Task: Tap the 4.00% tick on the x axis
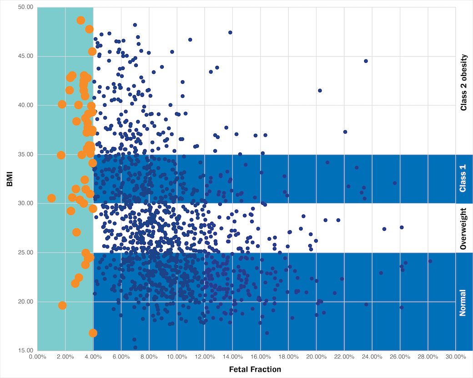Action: pyautogui.click(x=93, y=357)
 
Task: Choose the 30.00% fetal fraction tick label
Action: pyautogui.click(x=455, y=357)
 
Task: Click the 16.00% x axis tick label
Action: pyautogui.click(x=260, y=357)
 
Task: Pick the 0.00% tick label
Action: pyautogui.click(x=37, y=357)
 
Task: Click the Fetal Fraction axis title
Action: pyautogui.click(x=255, y=369)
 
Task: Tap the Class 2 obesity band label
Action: pyautogui.click(x=463, y=83)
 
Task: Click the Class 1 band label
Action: pyautogui.click(x=463, y=179)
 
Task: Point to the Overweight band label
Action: pyautogui.click(x=463, y=228)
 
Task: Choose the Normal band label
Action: pyautogui.click(x=463, y=302)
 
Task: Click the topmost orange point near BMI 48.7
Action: pyautogui.click(x=81, y=20)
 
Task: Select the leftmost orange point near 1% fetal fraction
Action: pyautogui.click(x=51, y=198)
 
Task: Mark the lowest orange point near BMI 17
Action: pyautogui.click(x=93, y=333)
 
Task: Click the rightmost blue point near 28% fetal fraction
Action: pyautogui.click(x=430, y=261)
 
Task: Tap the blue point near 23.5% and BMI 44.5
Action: pyautogui.click(x=366, y=61)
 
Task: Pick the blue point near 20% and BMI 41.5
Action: pyautogui.click(x=320, y=90)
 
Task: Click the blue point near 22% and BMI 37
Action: pyautogui.click(x=345, y=132)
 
